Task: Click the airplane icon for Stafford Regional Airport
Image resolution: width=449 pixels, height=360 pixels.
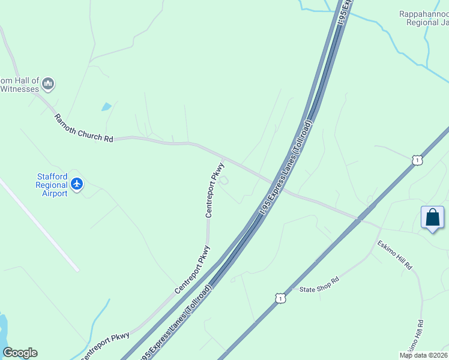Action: pyautogui.click(x=76, y=184)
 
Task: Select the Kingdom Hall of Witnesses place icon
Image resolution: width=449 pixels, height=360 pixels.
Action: pyautogui.click(x=49, y=83)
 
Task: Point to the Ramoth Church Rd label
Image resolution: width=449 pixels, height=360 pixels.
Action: pyautogui.click(x=83, y=128)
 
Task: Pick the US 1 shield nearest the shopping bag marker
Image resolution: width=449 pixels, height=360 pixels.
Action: pyautogui.click(x=417, y=160)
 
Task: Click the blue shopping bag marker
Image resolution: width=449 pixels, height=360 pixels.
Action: pyautogui.click(x=432, y=218)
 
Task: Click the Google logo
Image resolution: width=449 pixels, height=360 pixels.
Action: pyautogui.click(x=20, y=353)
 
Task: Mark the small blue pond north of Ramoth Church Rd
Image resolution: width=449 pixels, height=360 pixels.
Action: pyautogui.click(x=106, y=107)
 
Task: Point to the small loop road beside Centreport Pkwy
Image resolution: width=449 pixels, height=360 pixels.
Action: pyautogui.click(x=224, y=180)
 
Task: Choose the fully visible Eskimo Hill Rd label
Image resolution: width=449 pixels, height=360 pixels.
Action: pyautogui.click(x=396, y=255)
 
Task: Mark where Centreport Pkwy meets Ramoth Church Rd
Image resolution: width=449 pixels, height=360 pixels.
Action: pyautogui.click(x=223, y=159)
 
